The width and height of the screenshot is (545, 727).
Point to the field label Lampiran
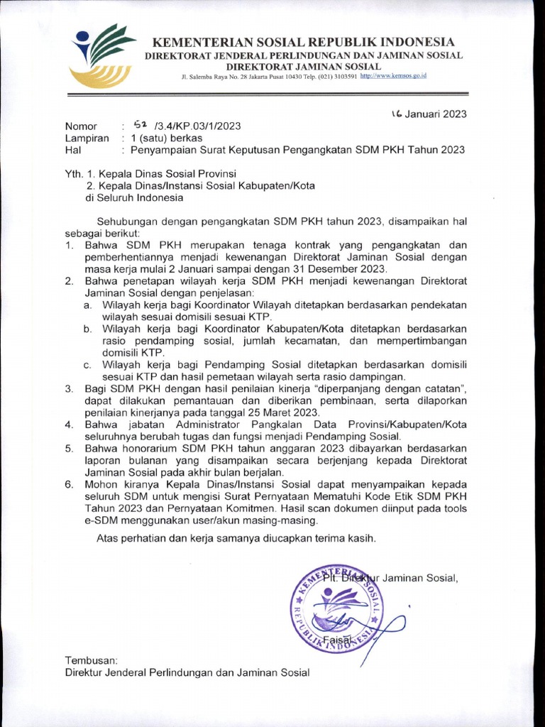click(x=87, y=138)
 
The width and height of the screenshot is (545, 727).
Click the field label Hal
click(x=74, y=150)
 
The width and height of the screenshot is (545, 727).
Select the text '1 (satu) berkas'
click(x=164, y=138)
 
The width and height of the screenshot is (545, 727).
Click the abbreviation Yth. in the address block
click(x=75, y=173)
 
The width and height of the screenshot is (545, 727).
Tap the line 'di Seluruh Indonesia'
click(x=124, y=197)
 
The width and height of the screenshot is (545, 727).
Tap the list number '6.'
click(x=70, y=484)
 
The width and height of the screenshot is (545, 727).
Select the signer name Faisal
click(x=337, y=641)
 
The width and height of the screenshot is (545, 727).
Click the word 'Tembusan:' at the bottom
click(x=90, y=660)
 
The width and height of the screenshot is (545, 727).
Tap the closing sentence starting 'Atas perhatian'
click(x=236, y=537)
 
